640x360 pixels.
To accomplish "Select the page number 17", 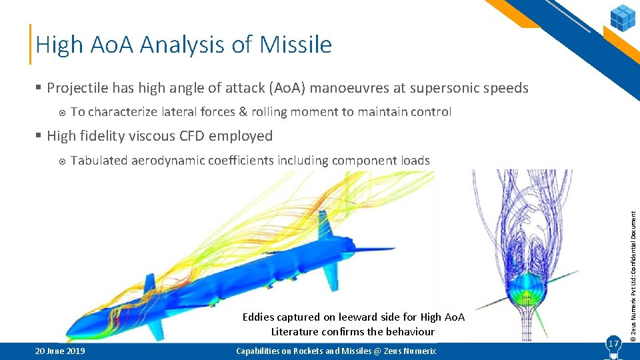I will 612,343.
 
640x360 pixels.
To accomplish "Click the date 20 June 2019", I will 57,351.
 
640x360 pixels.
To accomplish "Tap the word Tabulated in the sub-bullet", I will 99,161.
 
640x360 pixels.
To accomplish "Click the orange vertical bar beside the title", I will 30,44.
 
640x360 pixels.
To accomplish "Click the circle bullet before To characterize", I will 62,112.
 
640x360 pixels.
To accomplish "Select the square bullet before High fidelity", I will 39,136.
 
